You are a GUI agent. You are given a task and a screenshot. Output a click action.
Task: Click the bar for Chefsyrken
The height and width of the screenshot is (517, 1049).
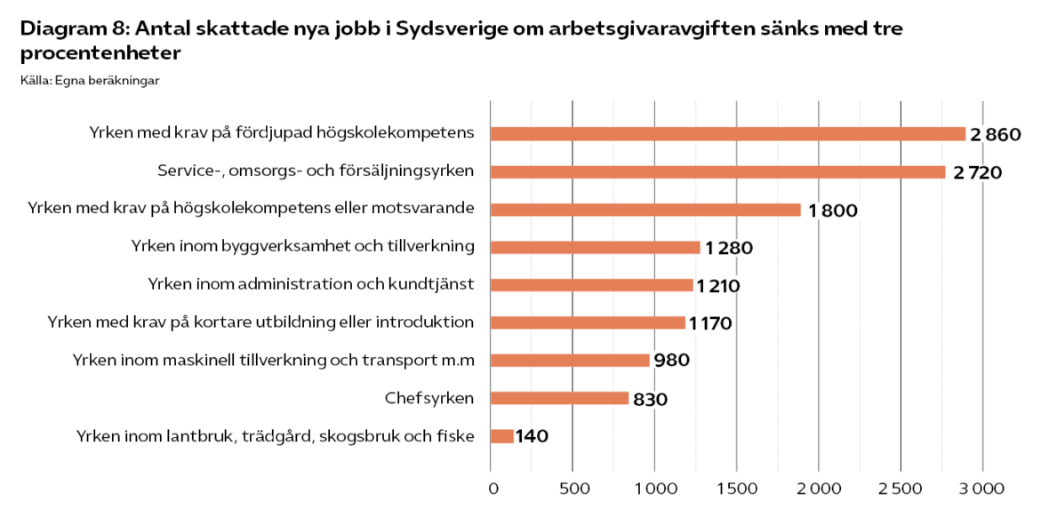click(x=559, y=398)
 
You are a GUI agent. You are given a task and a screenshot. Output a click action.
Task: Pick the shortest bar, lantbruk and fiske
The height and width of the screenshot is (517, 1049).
click(x=502, y=436)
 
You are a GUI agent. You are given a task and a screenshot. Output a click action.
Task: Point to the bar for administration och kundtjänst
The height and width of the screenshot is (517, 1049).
click(x=591, y=285)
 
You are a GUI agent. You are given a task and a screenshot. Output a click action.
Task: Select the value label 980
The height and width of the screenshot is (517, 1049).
click(x=672, y=361)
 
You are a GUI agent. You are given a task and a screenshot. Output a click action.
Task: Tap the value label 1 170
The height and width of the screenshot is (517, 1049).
click(x=710, y=323)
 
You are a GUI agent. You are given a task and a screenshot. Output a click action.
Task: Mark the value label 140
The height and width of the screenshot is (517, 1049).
click(x=533, y=436)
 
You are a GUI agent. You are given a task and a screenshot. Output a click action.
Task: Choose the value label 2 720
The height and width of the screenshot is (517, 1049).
click(x=977, y=172)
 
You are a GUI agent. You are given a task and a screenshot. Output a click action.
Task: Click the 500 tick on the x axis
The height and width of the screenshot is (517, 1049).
click(x=573, y=488)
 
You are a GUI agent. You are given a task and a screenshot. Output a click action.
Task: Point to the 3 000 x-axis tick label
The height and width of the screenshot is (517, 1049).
click(x=981, y=488)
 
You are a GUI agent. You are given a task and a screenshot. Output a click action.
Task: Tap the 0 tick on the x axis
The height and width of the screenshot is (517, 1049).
click(x=492, y=488)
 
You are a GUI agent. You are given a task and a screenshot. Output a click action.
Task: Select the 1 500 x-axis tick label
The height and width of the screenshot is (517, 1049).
click(x=737, y=488)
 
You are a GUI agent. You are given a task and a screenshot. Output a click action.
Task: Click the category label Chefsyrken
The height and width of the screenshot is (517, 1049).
click(x=429, y=398)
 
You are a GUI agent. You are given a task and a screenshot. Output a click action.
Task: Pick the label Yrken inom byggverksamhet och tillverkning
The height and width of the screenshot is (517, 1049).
click(x=303, y=246)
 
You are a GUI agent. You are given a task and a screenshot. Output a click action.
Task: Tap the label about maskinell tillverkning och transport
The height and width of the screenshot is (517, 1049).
click(x=273, y=360)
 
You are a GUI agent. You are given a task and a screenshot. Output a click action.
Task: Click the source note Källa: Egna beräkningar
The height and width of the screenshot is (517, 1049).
click(x=89, y=81)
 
